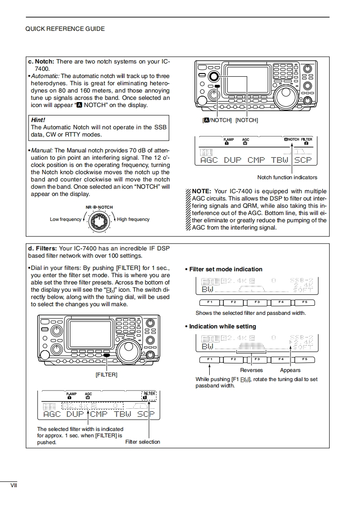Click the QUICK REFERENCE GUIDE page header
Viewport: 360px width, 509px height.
[x=65, y=29]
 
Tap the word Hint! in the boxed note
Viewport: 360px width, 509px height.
[x=38, y=120]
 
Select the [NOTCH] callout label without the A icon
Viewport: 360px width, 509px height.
[x=247, y=120]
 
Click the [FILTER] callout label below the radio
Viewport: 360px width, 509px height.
[x=106, y=375]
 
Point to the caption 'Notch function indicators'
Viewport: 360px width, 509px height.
[x=287, y=177]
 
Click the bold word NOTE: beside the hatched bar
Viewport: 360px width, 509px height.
[x=202, y=191]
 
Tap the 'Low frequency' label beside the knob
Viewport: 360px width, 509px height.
[x=65, y=220]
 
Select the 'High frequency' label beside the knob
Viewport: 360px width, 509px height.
[x=133, y=220]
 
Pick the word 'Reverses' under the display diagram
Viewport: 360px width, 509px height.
[x=252, y=370]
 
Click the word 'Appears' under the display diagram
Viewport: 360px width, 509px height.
[x=290, y=370]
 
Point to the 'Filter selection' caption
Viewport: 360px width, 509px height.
[x=143, y=442]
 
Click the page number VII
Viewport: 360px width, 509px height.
[x=14, y=485]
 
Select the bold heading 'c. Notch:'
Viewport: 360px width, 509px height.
[x=41, y=62]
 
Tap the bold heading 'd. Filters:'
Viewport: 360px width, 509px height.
[x=42, y=248]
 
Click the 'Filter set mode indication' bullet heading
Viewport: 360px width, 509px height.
[x=226, y=269]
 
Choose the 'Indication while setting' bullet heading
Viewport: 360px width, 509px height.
[x=222, y=326]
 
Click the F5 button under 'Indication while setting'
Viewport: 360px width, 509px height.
[x=304, y=359]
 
